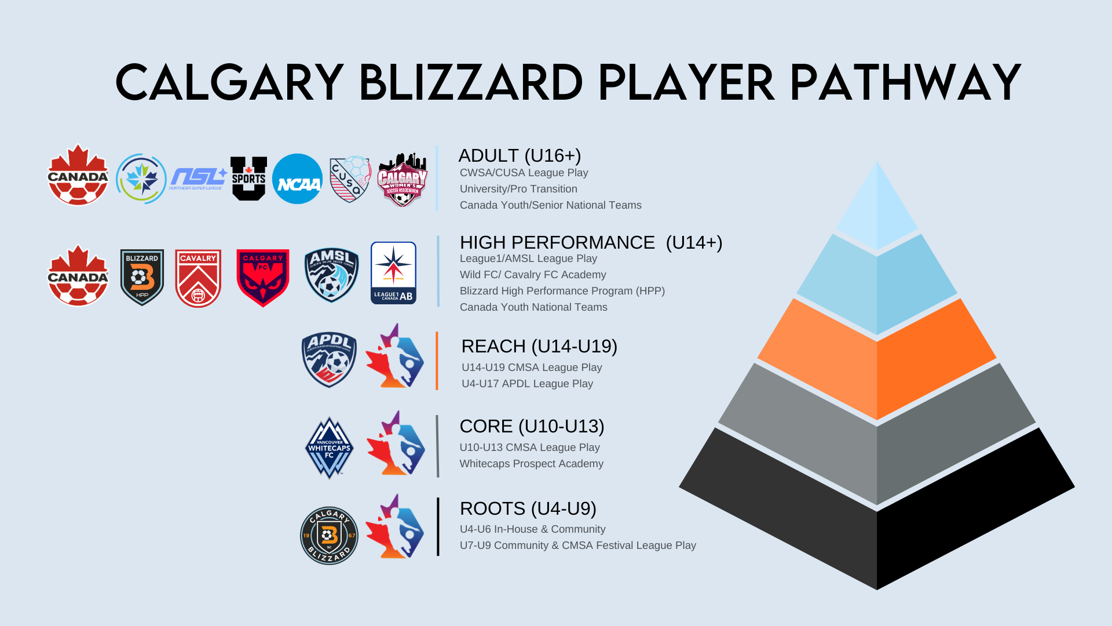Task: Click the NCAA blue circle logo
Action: pos(297,179)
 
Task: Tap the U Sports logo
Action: pos(248,179)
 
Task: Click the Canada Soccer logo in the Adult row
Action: pos(78,176)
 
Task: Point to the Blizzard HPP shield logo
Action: pos(142,277)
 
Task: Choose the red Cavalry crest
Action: pos(198,278)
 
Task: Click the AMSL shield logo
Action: pos(331,275)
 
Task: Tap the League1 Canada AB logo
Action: pos(393,273)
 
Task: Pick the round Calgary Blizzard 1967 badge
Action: pos(329,535)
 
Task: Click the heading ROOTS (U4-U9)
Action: pos(528,508)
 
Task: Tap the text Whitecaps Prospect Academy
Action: pos(531,464)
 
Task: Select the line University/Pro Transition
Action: pos(518,189)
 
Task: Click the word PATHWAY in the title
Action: pos(905,83)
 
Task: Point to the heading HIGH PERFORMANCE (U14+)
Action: pos(591,242)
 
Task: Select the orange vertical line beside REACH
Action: pos(437,361)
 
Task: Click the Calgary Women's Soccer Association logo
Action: pos(403,180)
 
